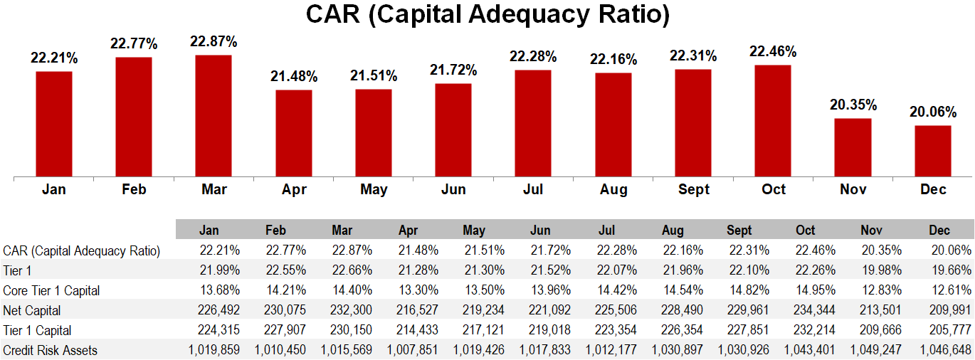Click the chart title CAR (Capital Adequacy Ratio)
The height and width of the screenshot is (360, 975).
(487, 15)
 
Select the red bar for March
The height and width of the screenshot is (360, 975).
(214, 115)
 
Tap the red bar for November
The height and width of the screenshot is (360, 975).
(853, 147)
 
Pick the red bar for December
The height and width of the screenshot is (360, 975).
(933, 151)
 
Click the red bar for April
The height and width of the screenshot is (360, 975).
(294, 133)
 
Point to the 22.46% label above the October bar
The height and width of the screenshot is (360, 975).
(773, 51)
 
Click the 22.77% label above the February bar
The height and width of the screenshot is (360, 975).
(134, 44)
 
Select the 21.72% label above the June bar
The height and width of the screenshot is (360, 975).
(453, 70)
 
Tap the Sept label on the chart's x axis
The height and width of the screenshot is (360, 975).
(693, 189)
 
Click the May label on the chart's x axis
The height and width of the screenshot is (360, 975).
(374, 189)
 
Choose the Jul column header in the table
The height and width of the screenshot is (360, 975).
(606, 231)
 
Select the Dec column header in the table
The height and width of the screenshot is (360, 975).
(939, 231)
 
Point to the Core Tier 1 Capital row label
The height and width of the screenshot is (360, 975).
(51, 290)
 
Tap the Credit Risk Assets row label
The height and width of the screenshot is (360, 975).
(50, 350)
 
